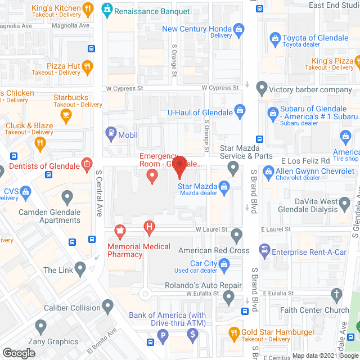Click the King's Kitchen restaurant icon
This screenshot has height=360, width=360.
click(x=87, y=8)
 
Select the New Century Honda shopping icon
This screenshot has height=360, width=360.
click(x=240, y=29)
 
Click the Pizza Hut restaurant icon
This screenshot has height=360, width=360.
click(x=87, y=66)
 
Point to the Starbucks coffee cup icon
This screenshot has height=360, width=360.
click(x=66, y=116)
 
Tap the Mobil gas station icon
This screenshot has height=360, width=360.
click(x=111, y=134)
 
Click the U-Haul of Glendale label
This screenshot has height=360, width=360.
click(x=200, y=112)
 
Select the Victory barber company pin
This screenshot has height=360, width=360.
click(x=262, y=88)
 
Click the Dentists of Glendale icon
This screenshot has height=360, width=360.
click(x=87, y=164)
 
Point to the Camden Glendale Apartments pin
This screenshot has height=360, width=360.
click(x=67, y=197)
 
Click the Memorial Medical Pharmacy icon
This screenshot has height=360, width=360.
click(x=119, y=229)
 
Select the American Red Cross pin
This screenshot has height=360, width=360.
click(x=236, y=235)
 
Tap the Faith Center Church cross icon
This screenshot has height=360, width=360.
click(x=336, y=294)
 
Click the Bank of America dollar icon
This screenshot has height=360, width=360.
click(x=193, y=335)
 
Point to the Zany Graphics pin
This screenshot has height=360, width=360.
click(x=40, y=326)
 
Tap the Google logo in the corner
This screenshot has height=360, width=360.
click(x=19, y=353)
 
